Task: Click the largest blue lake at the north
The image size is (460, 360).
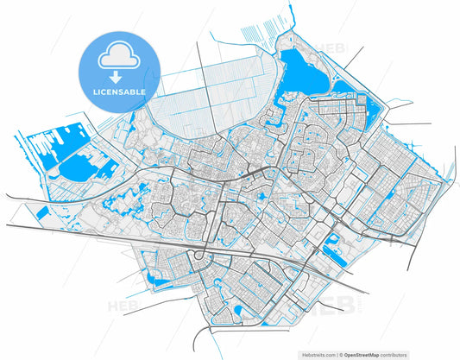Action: pyautogui.click(x=303, y=73)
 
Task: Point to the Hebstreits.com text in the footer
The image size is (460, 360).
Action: pyautogui.click(x=314, y=354)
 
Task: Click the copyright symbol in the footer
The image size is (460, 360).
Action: pyautogui.click(x=342, y=354)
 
